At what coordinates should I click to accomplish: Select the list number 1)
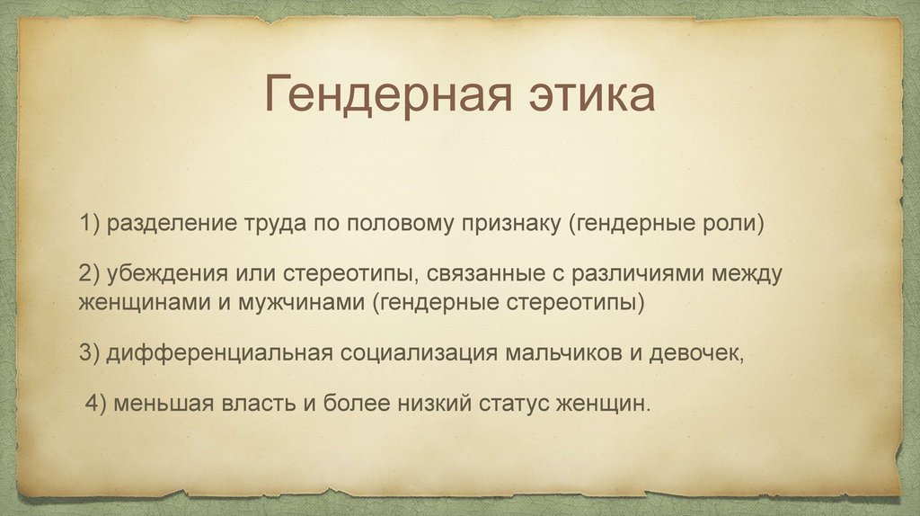[x=91, y=224]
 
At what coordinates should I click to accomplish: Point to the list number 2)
[x=91, y=274]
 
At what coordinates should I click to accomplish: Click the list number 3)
[x=91, y=353]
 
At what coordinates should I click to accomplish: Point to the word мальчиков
[x=563, y=353]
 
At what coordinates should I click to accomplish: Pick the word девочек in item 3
[x=693, y=354]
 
